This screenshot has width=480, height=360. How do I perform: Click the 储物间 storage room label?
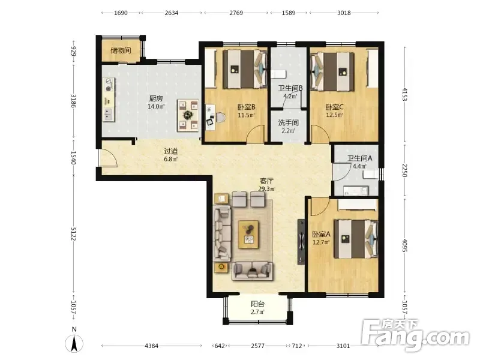click(121, 50)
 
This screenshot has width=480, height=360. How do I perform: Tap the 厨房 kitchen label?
click(156, 98)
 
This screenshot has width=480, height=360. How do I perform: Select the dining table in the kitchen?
click(188, 115)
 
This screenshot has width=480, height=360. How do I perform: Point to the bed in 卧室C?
click(333, 71)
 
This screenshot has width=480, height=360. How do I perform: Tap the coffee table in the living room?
click(248, 234)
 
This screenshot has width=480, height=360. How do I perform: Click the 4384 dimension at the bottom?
click(152, 346)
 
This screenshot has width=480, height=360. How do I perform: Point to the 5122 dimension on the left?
click(74, 234)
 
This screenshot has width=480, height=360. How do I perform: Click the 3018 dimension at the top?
click(344, 13)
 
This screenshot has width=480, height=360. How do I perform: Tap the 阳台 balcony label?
click(258, 304)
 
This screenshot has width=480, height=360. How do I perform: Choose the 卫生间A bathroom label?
click(359, 158)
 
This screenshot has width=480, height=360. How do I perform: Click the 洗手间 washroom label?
click(289, 123)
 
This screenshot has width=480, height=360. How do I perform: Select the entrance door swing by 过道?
click(108, 158)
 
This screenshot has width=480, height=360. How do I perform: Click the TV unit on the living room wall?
click(301, 242)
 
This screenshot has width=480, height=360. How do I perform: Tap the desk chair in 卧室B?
click(221, 117)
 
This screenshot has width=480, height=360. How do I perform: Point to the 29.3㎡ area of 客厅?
click(266, 188)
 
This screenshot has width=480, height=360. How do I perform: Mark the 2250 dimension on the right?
click(404, 170)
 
